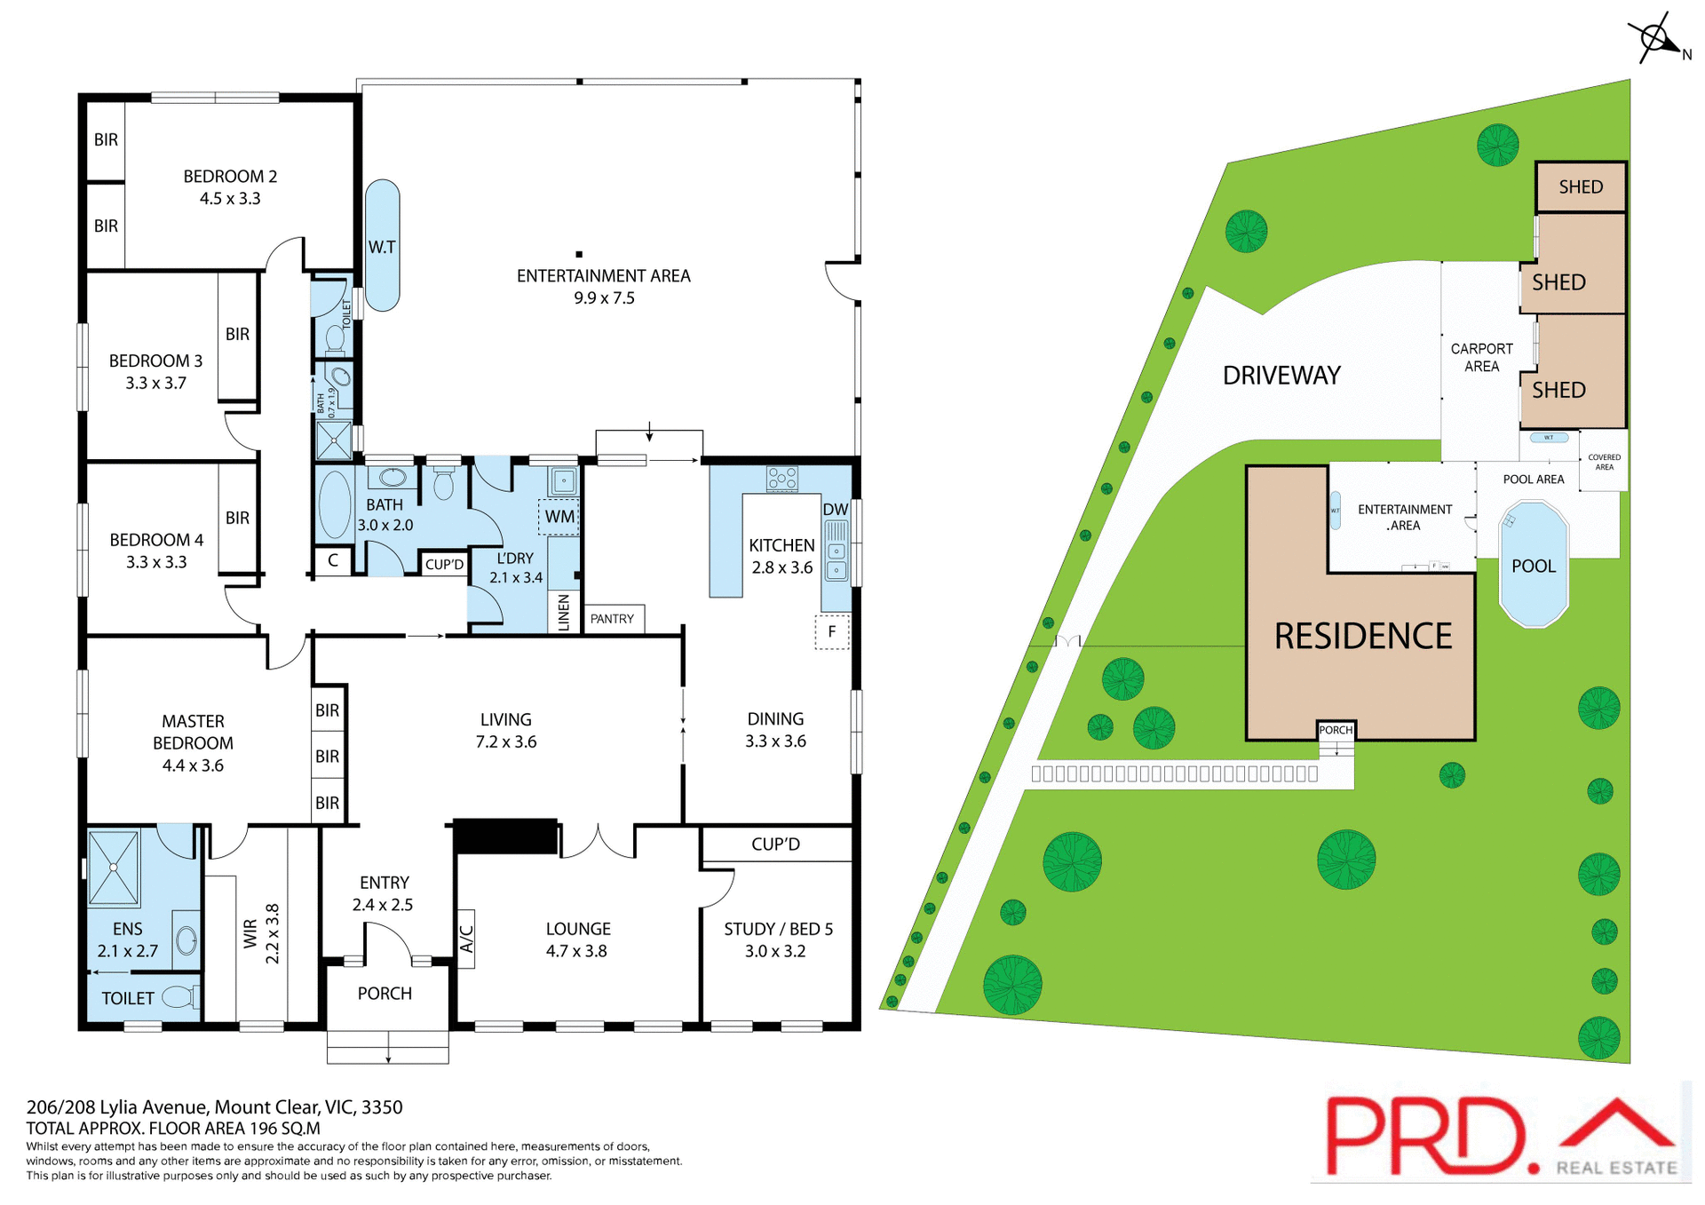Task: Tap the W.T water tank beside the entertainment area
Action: click(383, 246)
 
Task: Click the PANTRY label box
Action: click(613, 619)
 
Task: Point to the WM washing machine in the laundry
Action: click(559, 517)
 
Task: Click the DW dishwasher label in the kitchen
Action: click(835, 510)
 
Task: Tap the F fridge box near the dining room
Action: click(832, 632)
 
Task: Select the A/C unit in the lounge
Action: click(466, 939)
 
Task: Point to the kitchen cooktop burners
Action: click(782, 479)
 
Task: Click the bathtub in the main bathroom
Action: click(335, 505)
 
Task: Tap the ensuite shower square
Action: click(114, 868)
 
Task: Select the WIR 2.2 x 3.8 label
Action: click(262, 934)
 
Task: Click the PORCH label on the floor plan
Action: click(385, 994)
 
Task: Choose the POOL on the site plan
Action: click(1534, 566)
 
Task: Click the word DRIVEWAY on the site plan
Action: click(1281, 376)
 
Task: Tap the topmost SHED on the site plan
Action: click(1581, 186)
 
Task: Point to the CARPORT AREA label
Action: click(1481, 358)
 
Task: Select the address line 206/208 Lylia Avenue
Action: click(214, 1107)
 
